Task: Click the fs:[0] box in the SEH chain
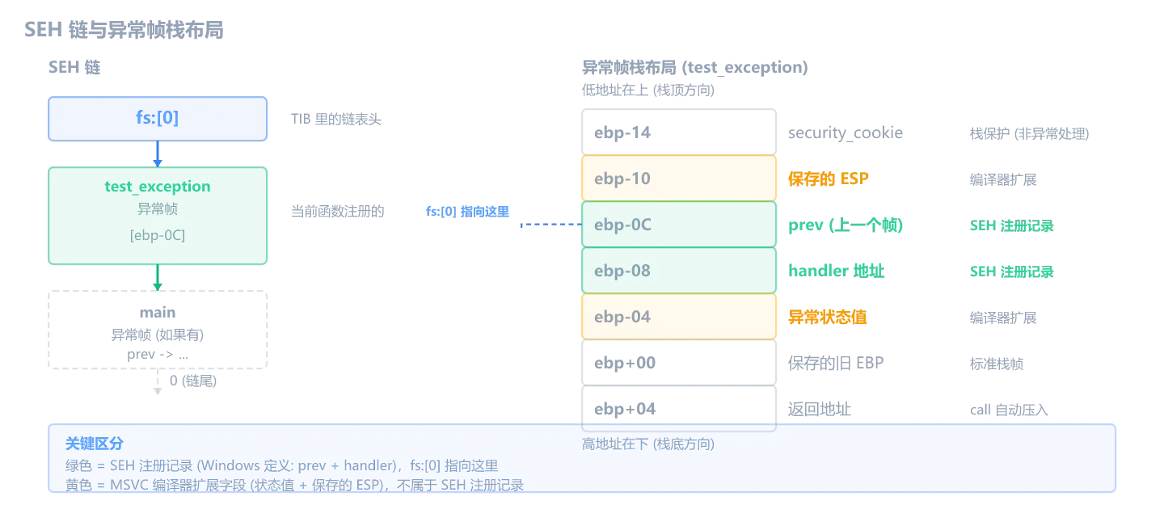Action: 158,119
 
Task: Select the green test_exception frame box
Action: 158,216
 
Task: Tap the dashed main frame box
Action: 158,330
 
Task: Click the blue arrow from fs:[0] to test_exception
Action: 158,154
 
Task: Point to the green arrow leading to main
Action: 158,277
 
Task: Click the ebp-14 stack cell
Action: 679,132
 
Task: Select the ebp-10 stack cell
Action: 679,178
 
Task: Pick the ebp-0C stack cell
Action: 679,225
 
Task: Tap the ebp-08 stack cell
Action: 679,270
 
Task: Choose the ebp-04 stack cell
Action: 679,317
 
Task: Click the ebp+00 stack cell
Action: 679,363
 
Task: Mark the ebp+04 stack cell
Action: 679,409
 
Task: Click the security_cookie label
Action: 846,133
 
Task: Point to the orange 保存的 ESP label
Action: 829,179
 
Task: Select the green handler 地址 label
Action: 836,271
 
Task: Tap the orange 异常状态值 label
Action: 827,317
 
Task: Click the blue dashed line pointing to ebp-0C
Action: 551,225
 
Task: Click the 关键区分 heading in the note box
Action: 94,444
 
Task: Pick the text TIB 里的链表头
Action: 336,120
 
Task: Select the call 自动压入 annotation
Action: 1009,410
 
